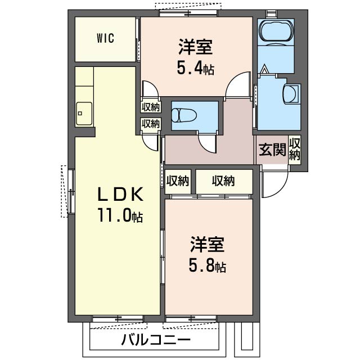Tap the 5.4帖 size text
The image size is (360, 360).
tap(196, 69)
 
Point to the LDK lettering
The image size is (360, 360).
tap(121, 195)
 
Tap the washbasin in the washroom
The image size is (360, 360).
tap(292, 93)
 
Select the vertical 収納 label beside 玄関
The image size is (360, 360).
tap(295, 149)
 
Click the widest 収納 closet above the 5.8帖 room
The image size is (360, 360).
tap(223, 181)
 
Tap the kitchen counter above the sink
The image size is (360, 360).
tap(84, 84)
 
